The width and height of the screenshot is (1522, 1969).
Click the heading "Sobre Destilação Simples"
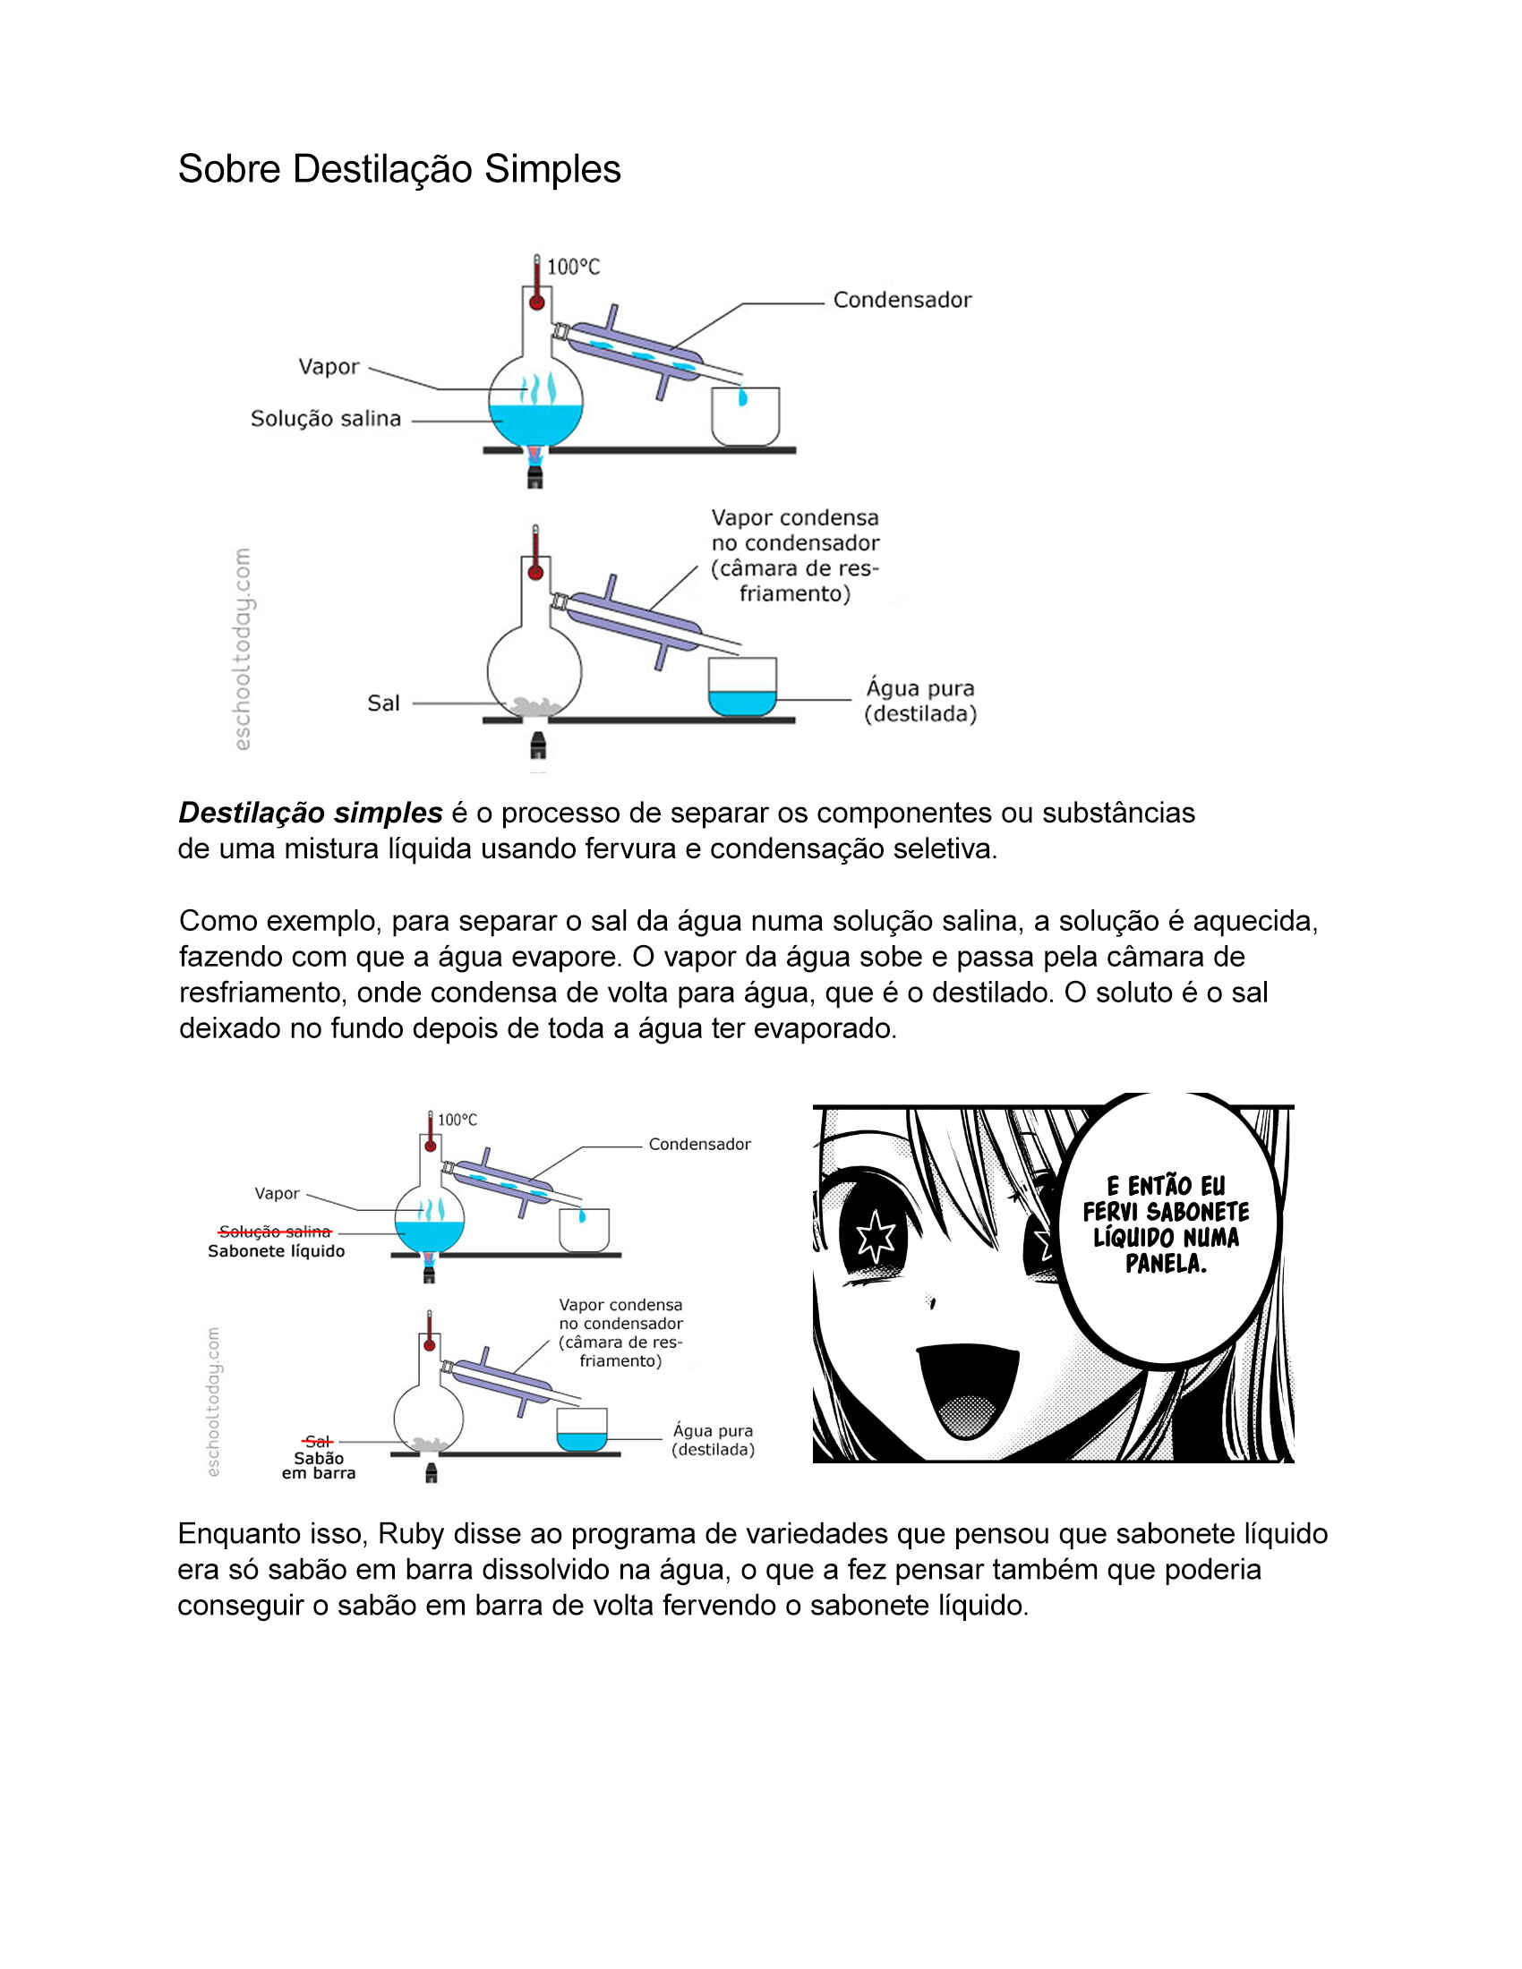click(x=399, y=169)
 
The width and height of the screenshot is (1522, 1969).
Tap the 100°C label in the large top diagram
click(x=574, y=267)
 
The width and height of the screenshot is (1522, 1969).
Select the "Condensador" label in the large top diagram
click(x=902, y=300)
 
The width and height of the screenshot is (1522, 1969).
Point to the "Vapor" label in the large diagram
click(x=329, y=367)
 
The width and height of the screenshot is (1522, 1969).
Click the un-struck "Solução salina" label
click(x=326, y=419)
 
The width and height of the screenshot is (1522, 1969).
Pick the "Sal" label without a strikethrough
click(x=383, y=703)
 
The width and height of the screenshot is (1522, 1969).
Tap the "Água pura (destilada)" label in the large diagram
click(x=920, y=702)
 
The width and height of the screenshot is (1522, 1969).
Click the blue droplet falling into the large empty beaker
click(x=743, y=396)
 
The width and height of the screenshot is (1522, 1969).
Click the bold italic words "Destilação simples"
click(x=310, y=814)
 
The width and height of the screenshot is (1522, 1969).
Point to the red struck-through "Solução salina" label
click(x=275, y=1232)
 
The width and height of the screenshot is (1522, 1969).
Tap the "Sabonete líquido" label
click(x=276, y=1251)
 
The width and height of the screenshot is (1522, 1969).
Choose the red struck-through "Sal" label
click(x=318, y=1441)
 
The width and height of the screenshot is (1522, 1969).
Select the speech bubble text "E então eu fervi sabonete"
click(x=1166, y=1198)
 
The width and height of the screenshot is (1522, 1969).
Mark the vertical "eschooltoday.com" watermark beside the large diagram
click(x=242, y=649)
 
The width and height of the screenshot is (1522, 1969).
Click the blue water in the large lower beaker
click(x=742, y=703)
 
